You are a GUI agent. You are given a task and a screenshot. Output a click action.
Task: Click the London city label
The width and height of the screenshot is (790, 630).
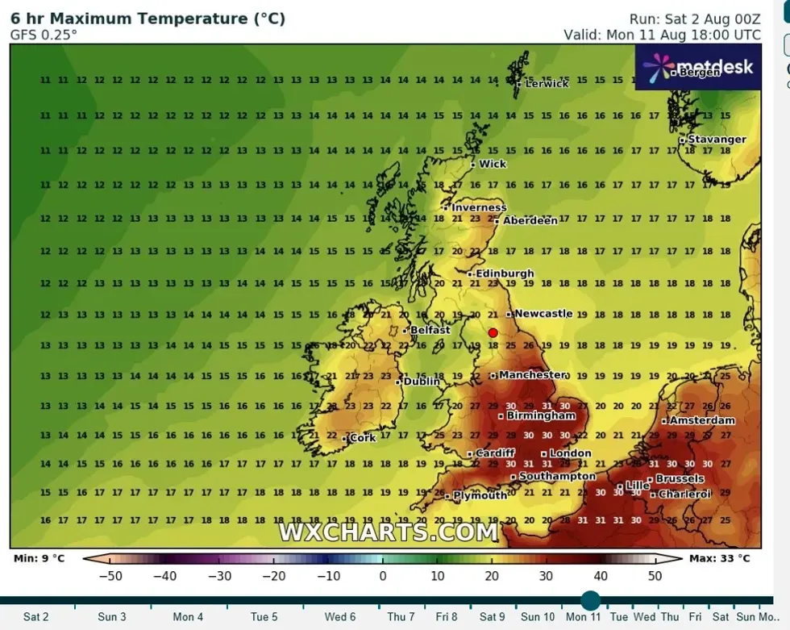click(x=570, y=453)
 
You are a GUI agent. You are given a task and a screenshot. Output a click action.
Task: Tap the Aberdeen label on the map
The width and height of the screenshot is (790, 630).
click(x=530, y=220)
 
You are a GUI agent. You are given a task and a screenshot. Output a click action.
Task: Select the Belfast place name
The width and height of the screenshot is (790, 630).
click(x=429, y=330)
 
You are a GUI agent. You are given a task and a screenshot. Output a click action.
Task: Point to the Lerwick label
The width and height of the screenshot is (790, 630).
click(x=547, y=83)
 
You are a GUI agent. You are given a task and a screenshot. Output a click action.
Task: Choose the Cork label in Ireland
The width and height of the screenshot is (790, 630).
click(x=363, y=438)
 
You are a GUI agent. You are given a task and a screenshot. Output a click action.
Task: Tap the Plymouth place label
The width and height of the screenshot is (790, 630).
click(x=480, y=495)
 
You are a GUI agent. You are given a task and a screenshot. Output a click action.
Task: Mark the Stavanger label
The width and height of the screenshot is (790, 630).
click(x=717, y=140)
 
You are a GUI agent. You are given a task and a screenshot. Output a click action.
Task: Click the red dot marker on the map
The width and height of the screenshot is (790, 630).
click(x=493, y=332)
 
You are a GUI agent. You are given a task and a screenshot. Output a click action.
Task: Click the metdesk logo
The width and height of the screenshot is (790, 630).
click(x=698, y=67)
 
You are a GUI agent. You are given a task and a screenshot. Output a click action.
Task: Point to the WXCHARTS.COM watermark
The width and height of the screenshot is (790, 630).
click(x=389, y=532)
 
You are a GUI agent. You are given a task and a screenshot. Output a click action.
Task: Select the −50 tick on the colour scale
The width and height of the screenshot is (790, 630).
click(x=110, y=576)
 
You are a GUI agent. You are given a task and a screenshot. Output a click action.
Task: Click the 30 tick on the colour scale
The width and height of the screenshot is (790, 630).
click(x=546, y=576)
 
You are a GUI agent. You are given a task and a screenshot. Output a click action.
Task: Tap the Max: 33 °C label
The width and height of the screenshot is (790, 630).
click(x=719, y=558)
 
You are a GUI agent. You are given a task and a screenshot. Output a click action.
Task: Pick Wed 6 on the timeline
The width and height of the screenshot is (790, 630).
click(x=340, y=617)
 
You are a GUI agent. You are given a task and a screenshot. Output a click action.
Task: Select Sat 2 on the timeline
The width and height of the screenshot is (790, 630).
click(x=35, y=617)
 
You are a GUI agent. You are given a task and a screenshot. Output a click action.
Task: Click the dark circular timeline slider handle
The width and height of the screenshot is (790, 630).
click(x=590, y=600)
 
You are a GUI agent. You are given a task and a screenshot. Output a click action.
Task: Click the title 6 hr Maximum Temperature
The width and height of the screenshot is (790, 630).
click(x=148, y=19)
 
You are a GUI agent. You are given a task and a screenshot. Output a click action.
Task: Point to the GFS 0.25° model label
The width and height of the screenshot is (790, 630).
click(x=44, y=35)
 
